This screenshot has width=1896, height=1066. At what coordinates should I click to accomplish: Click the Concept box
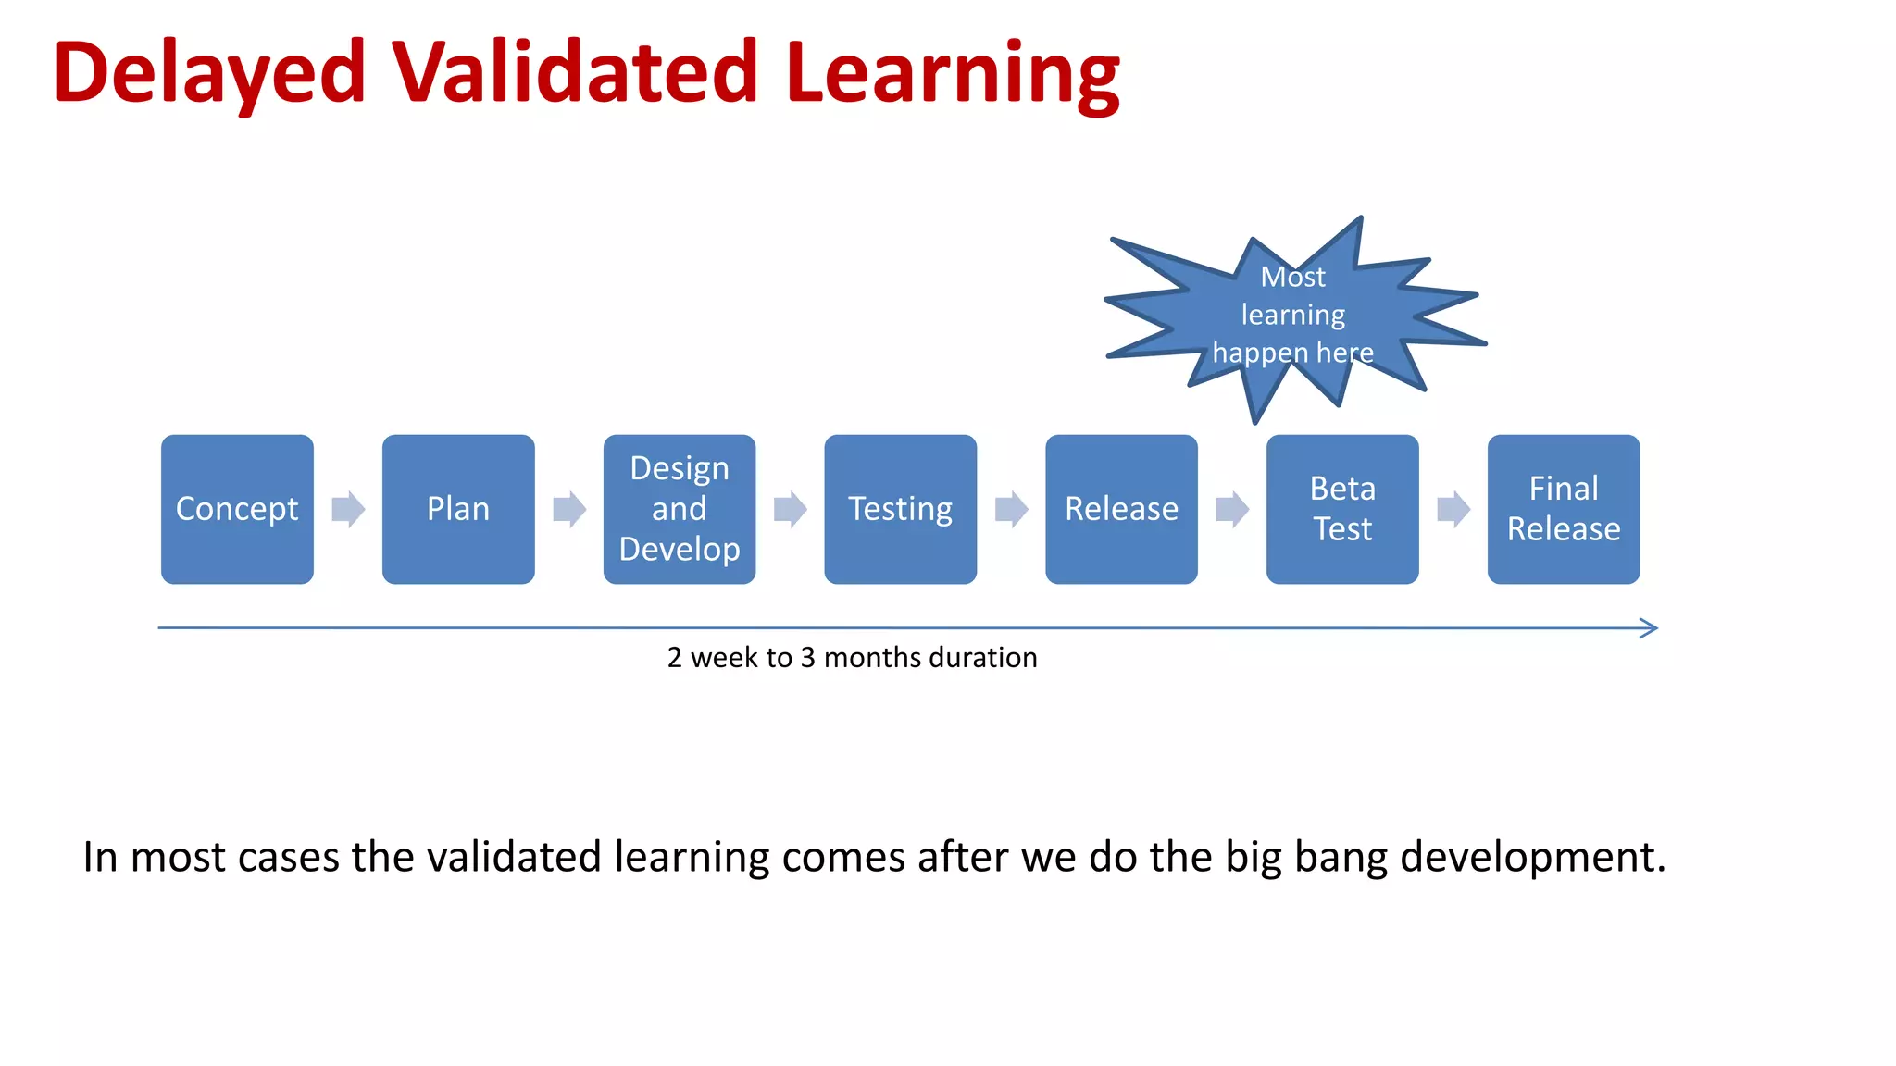(x=237, y=509)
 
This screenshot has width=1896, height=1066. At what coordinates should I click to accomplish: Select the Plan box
(x=458, y=509)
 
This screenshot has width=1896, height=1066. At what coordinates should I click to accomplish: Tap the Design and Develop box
(x=679, y=509)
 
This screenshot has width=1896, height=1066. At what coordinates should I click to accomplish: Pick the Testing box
(x=900, y=509)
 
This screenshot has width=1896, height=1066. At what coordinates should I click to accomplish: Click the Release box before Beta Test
(x=1121, y=509)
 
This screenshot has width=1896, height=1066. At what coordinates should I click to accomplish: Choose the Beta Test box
(x=1342, y=509)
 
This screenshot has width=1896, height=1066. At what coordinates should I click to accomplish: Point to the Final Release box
(x=1564, y=509)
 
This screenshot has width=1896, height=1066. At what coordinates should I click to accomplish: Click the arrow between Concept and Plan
(x=348, y=509)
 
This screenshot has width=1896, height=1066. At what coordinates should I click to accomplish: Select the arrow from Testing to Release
(x=1011, y=509)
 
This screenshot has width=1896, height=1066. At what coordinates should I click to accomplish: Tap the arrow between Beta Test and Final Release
(x=1453, y=509)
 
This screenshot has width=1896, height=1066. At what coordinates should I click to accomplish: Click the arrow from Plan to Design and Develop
(x=569, y=509)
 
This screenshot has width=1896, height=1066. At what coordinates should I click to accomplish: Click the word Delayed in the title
(x=210, y=74)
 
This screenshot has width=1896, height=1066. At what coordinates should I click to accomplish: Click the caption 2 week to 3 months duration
(x=852, y=658)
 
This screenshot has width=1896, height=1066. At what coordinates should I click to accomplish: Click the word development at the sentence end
(x=1532, y=858)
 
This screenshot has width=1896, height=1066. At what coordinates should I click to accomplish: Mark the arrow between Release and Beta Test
(x=1232, y=509)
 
